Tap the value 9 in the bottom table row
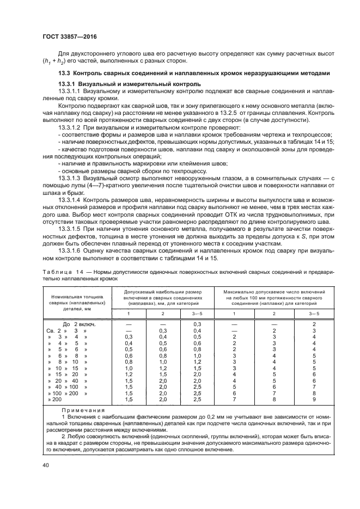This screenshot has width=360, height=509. tap(314, 399)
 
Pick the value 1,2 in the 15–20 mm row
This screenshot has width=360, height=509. tap(129, 374)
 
